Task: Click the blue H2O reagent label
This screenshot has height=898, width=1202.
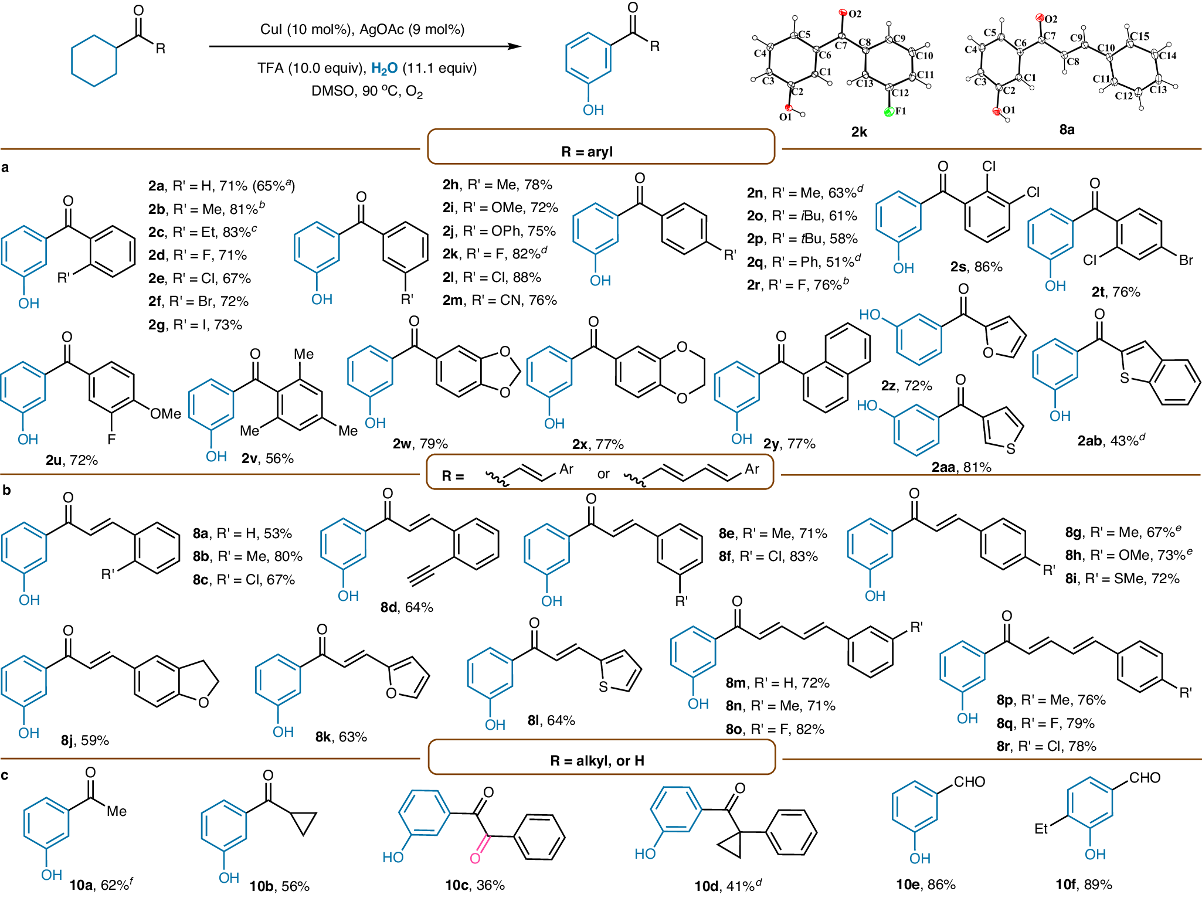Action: coord(384,69)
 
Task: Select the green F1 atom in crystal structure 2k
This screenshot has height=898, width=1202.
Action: coord(889,112)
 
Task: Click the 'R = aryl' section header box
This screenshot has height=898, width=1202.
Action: coord(601,147)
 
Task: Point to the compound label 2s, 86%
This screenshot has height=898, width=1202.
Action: coord(976,267)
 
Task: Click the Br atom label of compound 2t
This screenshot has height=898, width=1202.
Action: coord(1186,260)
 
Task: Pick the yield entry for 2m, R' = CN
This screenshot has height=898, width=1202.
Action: coord(500,300)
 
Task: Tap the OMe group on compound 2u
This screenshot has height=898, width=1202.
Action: coord(165,414)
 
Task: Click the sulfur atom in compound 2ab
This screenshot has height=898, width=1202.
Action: coord(1124,378)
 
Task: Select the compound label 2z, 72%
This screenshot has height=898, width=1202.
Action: coord(906,386)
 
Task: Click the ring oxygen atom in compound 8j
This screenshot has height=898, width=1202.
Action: coord(203,702)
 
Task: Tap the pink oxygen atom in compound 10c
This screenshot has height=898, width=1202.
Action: coord(475,858)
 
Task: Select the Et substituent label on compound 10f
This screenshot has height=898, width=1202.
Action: coord(1041,829)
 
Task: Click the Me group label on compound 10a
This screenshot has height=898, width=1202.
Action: coord(117,811)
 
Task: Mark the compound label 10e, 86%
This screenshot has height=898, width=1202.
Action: coord(926,885)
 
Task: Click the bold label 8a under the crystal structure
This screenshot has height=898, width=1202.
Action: coord(1067,130)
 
